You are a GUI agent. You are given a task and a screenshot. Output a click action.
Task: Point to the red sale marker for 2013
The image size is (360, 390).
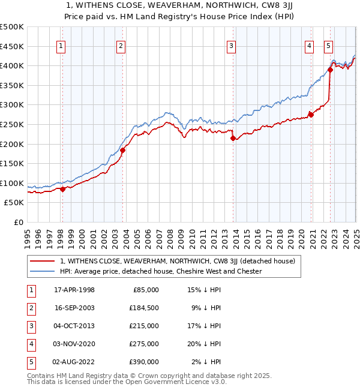point(233,138)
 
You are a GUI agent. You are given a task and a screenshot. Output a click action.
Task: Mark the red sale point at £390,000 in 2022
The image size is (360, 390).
point(330,70)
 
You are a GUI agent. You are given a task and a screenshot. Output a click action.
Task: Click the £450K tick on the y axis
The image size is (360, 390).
point(12,46)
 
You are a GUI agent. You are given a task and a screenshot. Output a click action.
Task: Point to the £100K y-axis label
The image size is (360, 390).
point(12,183)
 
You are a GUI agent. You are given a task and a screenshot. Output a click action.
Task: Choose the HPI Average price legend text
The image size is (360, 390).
point(161,271)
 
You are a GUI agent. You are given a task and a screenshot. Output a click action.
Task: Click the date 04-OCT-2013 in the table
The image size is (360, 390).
point(74,326)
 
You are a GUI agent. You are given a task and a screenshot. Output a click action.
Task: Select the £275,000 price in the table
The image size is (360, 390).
point(145,344)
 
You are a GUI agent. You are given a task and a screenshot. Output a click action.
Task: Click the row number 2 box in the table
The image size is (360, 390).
point(30,308)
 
